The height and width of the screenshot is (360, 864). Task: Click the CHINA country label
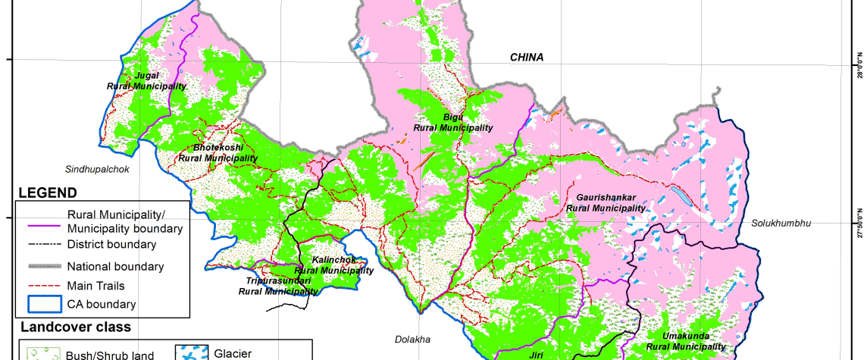coord(526,58)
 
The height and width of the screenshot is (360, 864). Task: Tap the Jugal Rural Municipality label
coord(146,81)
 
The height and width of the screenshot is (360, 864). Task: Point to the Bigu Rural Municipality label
coord(453,122)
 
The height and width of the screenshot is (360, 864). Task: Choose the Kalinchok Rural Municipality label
coord(333,265)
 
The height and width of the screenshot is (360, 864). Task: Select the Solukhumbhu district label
coord(781,224)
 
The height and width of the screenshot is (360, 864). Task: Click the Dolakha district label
coord(412,339)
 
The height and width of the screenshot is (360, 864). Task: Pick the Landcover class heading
coord(75,327)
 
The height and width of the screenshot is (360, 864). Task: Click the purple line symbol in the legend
coord(42,221)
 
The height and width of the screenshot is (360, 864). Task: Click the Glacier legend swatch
coord(191,352)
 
